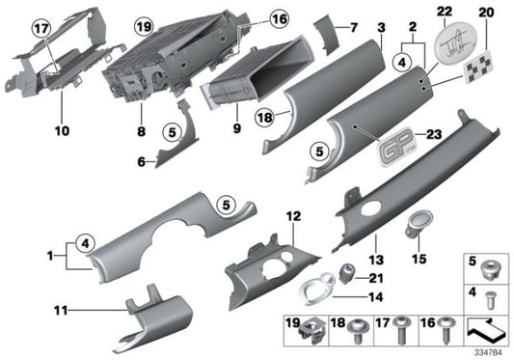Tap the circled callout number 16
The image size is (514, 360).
coord(252,18)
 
